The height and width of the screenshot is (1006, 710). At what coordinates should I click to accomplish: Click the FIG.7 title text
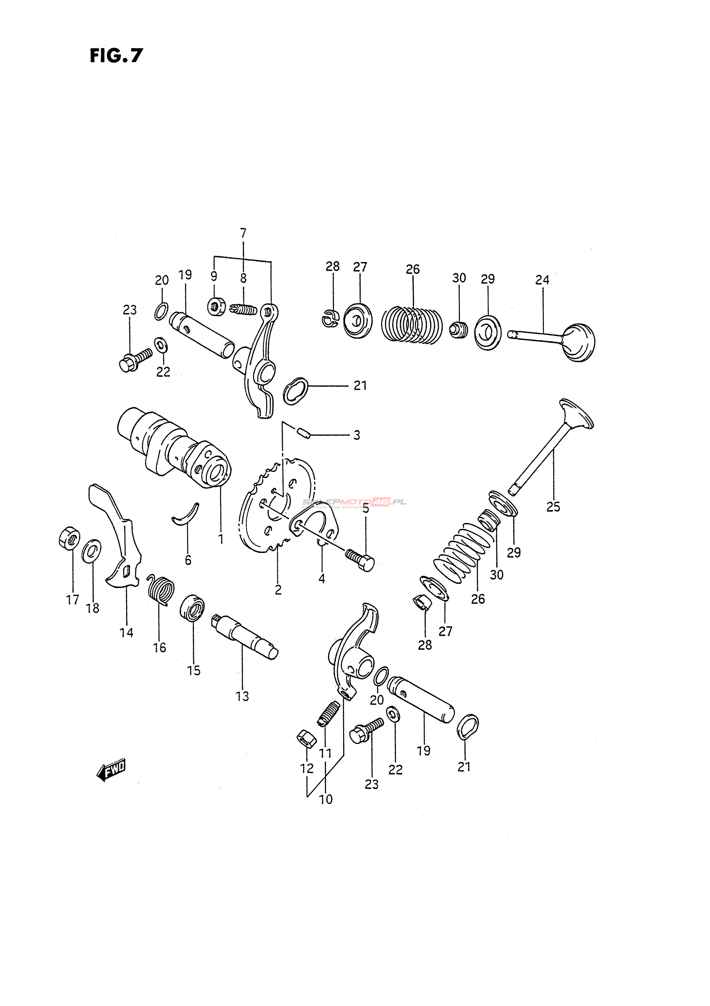tap(116, 56)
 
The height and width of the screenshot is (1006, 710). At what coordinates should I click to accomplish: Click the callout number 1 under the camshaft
tap(221, 539)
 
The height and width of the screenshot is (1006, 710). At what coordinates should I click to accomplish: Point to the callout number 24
tap(542, 280)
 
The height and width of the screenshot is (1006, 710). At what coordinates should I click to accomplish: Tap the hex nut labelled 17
tap(69, 537)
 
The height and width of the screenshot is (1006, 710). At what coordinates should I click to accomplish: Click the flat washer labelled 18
tap(91, 551)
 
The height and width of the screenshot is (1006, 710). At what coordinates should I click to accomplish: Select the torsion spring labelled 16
tap(160, 590)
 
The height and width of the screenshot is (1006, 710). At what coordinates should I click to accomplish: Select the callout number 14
tap(126, 633)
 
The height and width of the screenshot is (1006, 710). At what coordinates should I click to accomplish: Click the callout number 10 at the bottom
tap(326, 799)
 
